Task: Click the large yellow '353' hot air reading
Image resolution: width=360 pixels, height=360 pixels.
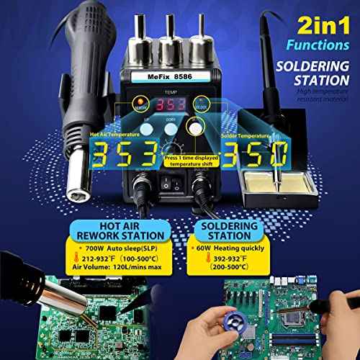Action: [119, 153]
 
